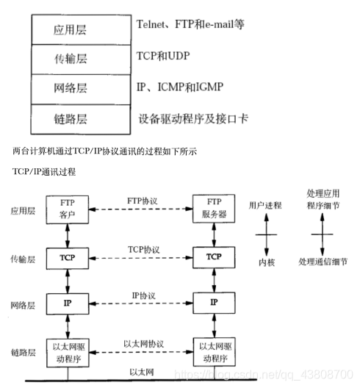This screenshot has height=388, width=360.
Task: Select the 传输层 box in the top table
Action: pos(71,57)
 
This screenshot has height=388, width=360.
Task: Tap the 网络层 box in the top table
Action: pos(71,87)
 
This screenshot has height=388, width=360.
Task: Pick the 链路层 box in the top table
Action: pos(71,118)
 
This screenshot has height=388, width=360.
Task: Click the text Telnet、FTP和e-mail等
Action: pos(190,24)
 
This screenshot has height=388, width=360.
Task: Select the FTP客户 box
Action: pos(67,209)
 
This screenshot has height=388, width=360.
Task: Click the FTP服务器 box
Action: pos(214,209)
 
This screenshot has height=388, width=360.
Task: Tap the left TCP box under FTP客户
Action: pos(67,256)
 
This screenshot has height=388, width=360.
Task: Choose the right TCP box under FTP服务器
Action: pos(214,256)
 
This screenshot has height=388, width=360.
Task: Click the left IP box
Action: pos(67,303)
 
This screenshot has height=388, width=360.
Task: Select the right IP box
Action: pos(214,303)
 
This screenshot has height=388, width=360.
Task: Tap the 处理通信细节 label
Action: pos(323,261)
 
